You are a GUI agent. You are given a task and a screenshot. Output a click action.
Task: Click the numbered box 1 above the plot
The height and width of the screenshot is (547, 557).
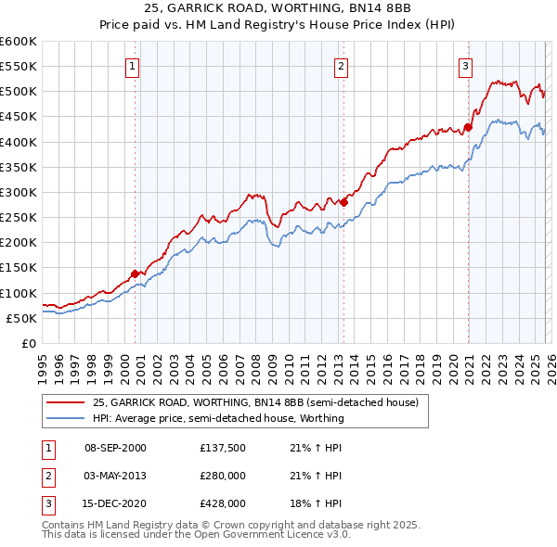click(x=133, y=66)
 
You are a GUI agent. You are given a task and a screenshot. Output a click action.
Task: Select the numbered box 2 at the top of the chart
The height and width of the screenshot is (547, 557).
click(x=342, y=66)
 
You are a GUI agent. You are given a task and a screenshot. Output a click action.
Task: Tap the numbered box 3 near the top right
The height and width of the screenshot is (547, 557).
click(x=465, y=66)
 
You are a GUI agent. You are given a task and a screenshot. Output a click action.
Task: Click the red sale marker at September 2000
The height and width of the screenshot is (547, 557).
click(x=136, y=273)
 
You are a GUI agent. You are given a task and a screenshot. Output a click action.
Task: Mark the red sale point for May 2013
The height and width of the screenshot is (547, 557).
click(x=343, y=202)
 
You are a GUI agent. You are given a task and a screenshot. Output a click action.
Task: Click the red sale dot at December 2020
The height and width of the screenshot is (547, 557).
click(x=468, y=128)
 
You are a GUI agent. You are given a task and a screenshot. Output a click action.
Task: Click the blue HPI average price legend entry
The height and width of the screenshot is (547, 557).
click(x=218, y=418)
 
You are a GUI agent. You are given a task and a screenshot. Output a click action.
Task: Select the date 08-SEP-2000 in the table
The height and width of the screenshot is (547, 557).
click(x=115, y=448)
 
